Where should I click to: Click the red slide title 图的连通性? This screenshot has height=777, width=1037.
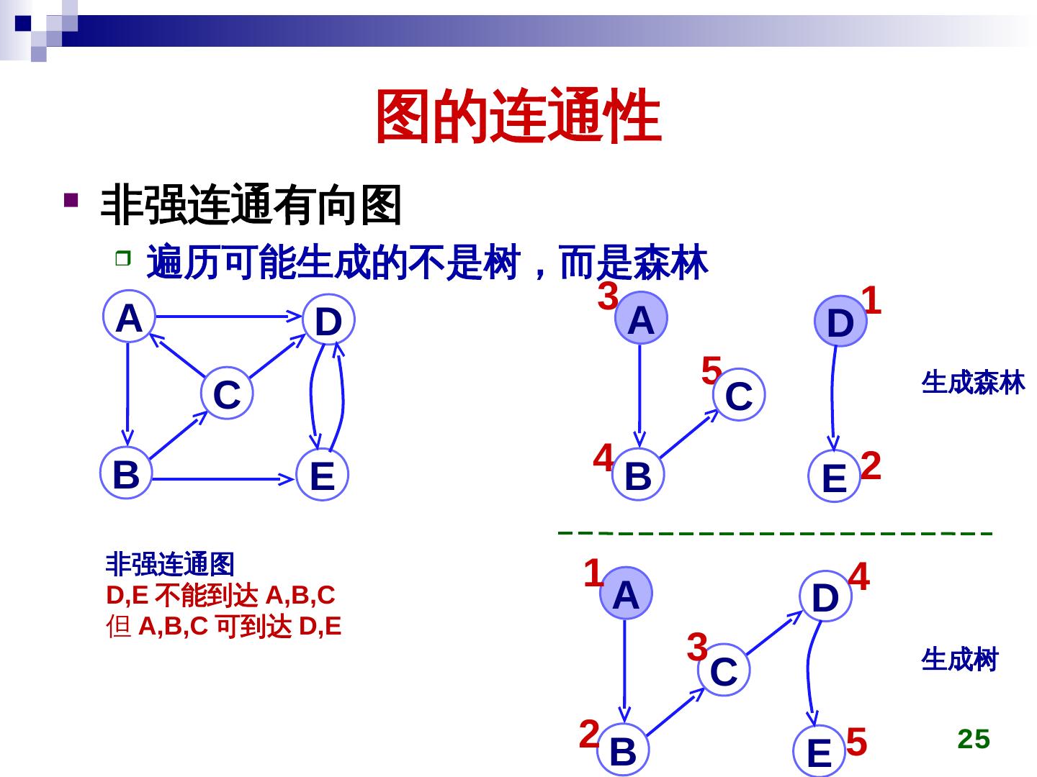click(x=518, y=117)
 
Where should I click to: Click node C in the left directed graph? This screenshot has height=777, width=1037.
click(x=227, y=394)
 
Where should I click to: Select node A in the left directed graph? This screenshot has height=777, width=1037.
click(x=128, y=317)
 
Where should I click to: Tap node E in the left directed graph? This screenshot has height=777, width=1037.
click(x=322, y=476)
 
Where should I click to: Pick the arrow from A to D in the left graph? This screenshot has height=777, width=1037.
click(x=227, y=316)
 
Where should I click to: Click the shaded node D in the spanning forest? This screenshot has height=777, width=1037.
click(x=840, y=322)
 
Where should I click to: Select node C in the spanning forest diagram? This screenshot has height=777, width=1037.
click(x=738, y=395)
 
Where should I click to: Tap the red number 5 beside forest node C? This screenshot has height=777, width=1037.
click(x=711, y=371)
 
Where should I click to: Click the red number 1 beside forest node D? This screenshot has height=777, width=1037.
click(x=871, y=301)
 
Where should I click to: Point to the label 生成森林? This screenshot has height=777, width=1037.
click(x=973, y=383)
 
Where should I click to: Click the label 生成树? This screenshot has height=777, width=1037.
click(x=959, y=659)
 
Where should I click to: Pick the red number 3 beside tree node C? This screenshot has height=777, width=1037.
click(x=697, y=647)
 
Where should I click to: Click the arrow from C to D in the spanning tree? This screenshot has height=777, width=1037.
click(x=774, y=634)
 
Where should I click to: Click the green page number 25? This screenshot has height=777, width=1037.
click(x=974, y=739)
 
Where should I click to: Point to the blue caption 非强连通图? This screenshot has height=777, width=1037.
click(x=170, y=564)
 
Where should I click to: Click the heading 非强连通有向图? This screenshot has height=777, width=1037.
click(x=251, y=205)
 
